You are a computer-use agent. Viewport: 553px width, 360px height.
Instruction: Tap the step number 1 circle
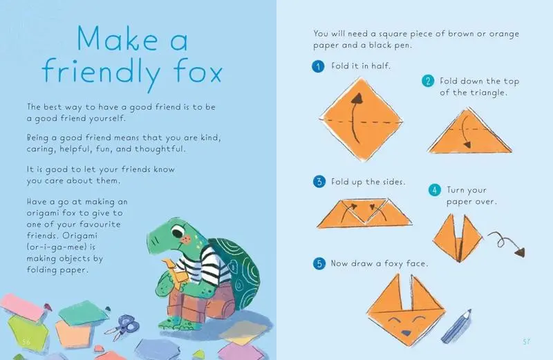[x=318, y=66]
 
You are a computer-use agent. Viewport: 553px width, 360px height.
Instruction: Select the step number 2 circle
[x=428, y=81]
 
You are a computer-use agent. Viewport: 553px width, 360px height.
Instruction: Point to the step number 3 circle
[x=319, y=182]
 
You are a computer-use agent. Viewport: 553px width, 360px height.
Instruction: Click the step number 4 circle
[x=435, y=190]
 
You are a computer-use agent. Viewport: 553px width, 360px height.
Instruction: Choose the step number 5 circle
[x=319, y=263]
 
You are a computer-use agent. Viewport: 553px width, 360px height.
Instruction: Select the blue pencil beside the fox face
[x=456, y=326]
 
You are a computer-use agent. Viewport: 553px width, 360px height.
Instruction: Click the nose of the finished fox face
[x=406, y=332]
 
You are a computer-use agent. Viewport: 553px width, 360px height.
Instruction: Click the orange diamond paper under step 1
[x=361, y=119]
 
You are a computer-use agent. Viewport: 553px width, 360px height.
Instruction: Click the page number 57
[x=526, y=341]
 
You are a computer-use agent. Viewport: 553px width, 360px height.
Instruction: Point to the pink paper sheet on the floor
[x=24, y=307]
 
